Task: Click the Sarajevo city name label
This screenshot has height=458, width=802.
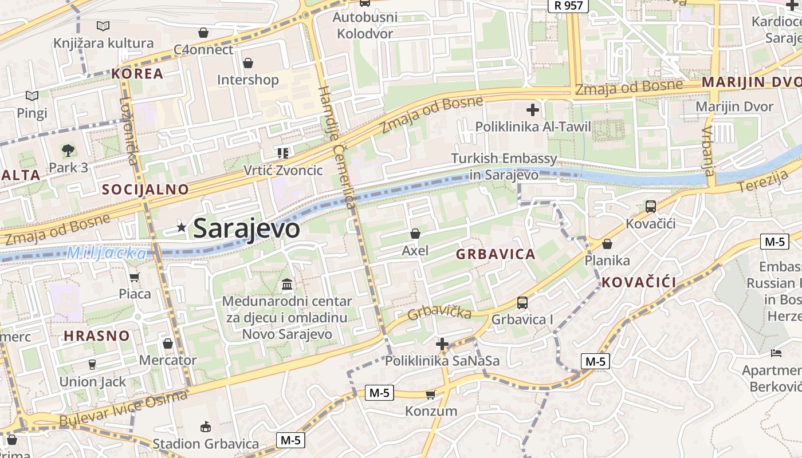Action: (x=246, y=228)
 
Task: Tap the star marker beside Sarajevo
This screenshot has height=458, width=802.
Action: (x=182, y=227)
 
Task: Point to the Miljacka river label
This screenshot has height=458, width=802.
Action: (x=107, y=252)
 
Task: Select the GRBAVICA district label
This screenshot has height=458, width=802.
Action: (x=496, y=254)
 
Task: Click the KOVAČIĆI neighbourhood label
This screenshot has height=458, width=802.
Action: (x=639, y=282)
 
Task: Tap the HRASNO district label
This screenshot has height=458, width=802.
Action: (x=96, y=335)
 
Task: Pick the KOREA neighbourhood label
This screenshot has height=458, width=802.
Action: (x=137, y=73)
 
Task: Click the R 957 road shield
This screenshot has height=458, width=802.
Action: (x=569, y=6)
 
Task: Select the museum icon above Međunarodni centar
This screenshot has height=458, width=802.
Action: (x=287, y=284)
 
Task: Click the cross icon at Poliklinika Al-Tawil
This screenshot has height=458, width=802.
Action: (x=533, y=109)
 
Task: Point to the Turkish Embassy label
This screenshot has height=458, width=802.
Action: (x=504, y=166)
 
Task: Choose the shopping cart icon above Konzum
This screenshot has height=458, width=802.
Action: (x=431, y=394)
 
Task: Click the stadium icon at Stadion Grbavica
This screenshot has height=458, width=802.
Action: (x=206, y=427)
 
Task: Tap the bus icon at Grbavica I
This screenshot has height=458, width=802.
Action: (x=522, y=303)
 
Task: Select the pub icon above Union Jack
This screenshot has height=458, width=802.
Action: (x=92, y=365)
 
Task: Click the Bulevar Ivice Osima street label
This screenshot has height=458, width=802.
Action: (x=123, y=409)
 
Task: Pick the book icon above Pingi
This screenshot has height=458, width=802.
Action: (x=32, y=96)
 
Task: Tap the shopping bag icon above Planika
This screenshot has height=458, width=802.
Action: (x=607, y=244)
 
